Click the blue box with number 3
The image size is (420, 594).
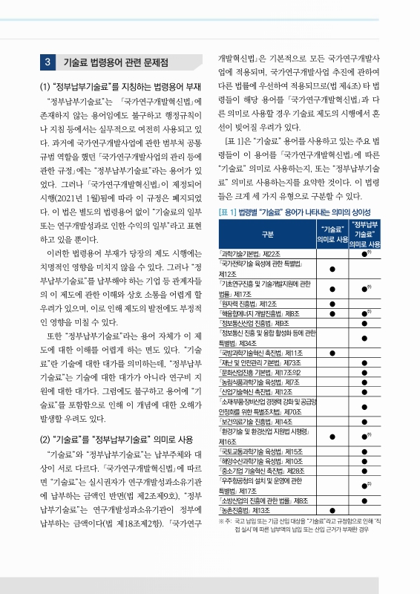pos(47,62)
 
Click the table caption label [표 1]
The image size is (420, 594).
pos(226,212)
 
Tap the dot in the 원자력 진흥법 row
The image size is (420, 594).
pos(332,303)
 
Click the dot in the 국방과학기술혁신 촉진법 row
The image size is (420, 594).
pos(332,352)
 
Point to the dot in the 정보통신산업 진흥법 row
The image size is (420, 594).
pos(364,323)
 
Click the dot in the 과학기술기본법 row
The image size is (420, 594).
pos(364,254)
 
